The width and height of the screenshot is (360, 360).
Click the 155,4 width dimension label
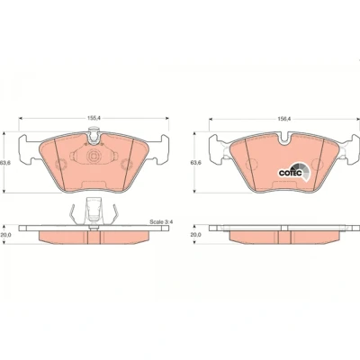pyautogui.click(x=94, y=118)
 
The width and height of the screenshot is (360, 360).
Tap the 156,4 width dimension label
pyautogui.click(x=283, y=119)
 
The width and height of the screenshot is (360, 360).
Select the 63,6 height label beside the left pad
pyautogui.click(x=4, y=163)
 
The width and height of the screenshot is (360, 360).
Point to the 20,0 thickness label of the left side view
pyautogui.click(x=6, y=235)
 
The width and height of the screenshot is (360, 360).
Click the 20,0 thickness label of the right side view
pyautogui.click(x=196, y=235)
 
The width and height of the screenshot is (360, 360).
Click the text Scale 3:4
pyautogui.click(x=162, y=222)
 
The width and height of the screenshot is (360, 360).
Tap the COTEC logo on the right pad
pyautogui.click(x=293, y=172)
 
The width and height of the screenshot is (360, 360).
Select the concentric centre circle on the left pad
pyautogui.click(x=93, y=156)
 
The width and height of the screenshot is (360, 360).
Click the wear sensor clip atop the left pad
pyautogui.click(x=94, y=135)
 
